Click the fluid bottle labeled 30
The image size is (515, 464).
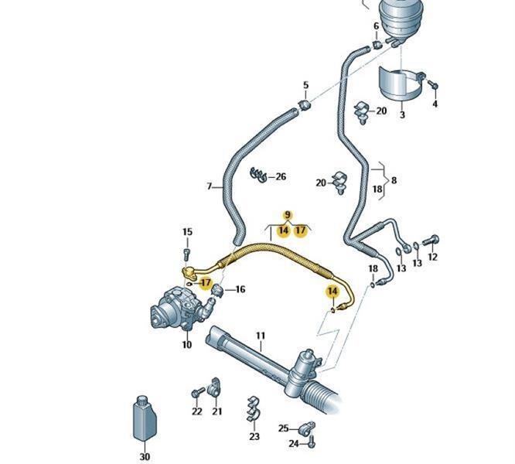[x=145, y=419]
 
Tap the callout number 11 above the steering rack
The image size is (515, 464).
[x=260, y=336]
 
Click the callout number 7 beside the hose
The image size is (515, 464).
[x=210, y=186]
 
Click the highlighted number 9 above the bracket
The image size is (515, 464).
[x=288, y=215]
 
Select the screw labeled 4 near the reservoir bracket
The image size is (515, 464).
[x=434, y=85]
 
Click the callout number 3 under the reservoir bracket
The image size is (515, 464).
[x=402, y=114]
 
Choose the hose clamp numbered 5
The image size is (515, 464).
[x=305, y=105]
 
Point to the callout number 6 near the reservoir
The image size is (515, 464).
[x=376, y=26]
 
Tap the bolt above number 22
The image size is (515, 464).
[x=197, y=392]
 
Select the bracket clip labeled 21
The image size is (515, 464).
[x=214, y=387]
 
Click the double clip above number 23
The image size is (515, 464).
[x=253, y=409]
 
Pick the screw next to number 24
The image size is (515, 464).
[x=312, y=442]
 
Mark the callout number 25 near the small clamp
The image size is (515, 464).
[x=284, y=428]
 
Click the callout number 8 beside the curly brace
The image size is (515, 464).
[x=394, y=180]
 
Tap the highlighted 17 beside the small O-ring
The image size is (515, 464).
[x=206, y=282]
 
